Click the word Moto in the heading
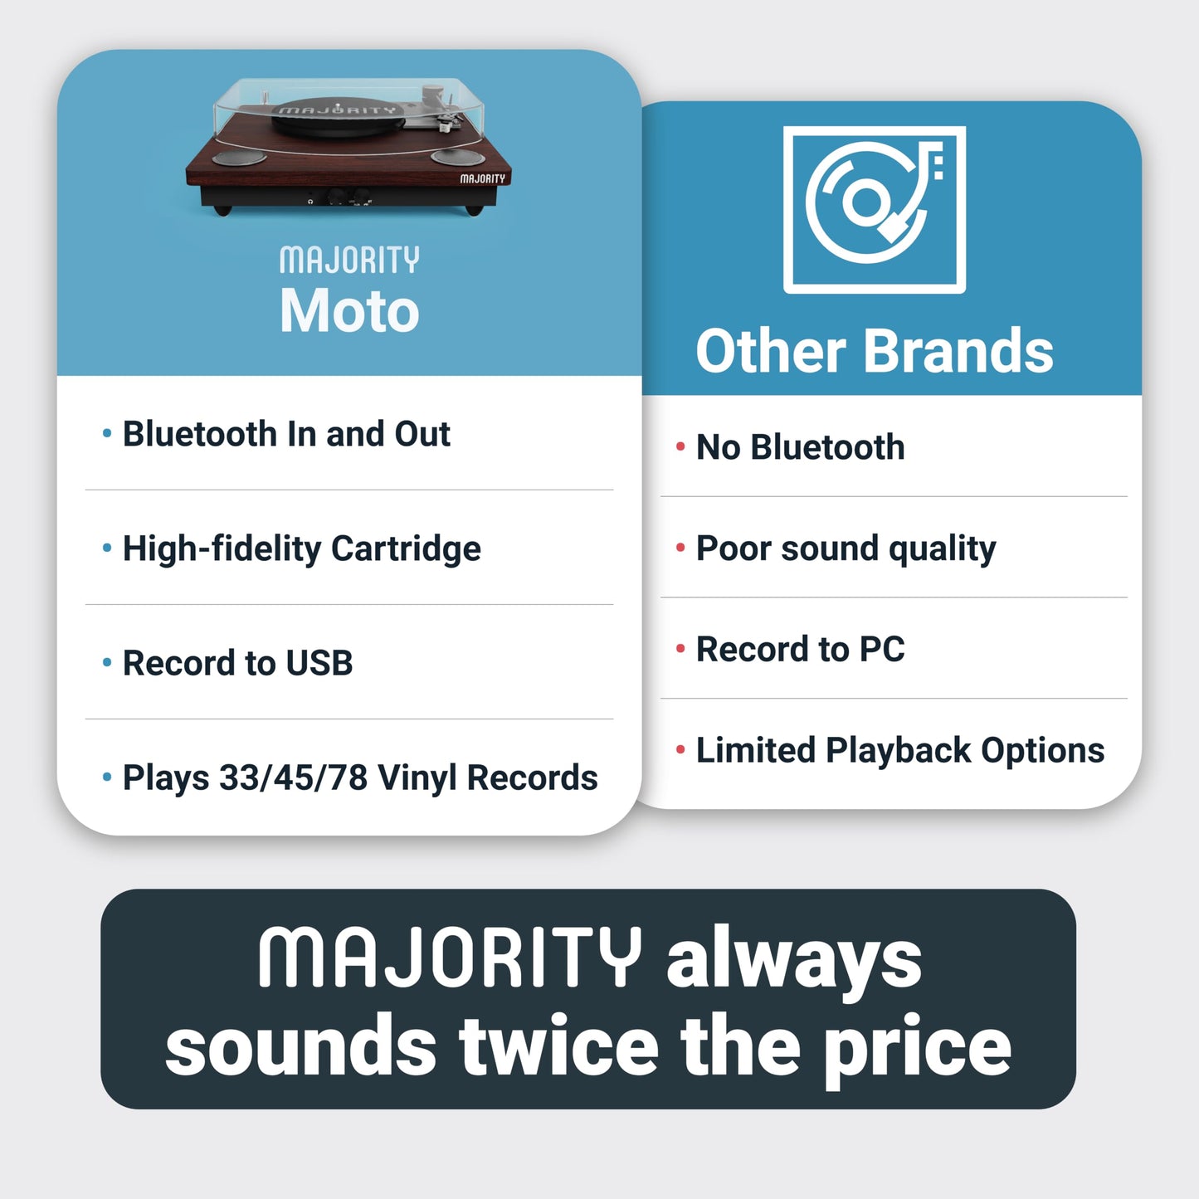pos(349,311)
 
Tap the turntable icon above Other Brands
pos(874,209)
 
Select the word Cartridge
pos(406,549)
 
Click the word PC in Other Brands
pos(882,649)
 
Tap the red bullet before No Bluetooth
pos(680,447)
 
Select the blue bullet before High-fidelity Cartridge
pos(106,548)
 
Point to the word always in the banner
pos(793,959)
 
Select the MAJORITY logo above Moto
pos(349,260)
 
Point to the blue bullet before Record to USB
pos(106,662)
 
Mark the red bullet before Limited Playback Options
pos(680,750)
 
